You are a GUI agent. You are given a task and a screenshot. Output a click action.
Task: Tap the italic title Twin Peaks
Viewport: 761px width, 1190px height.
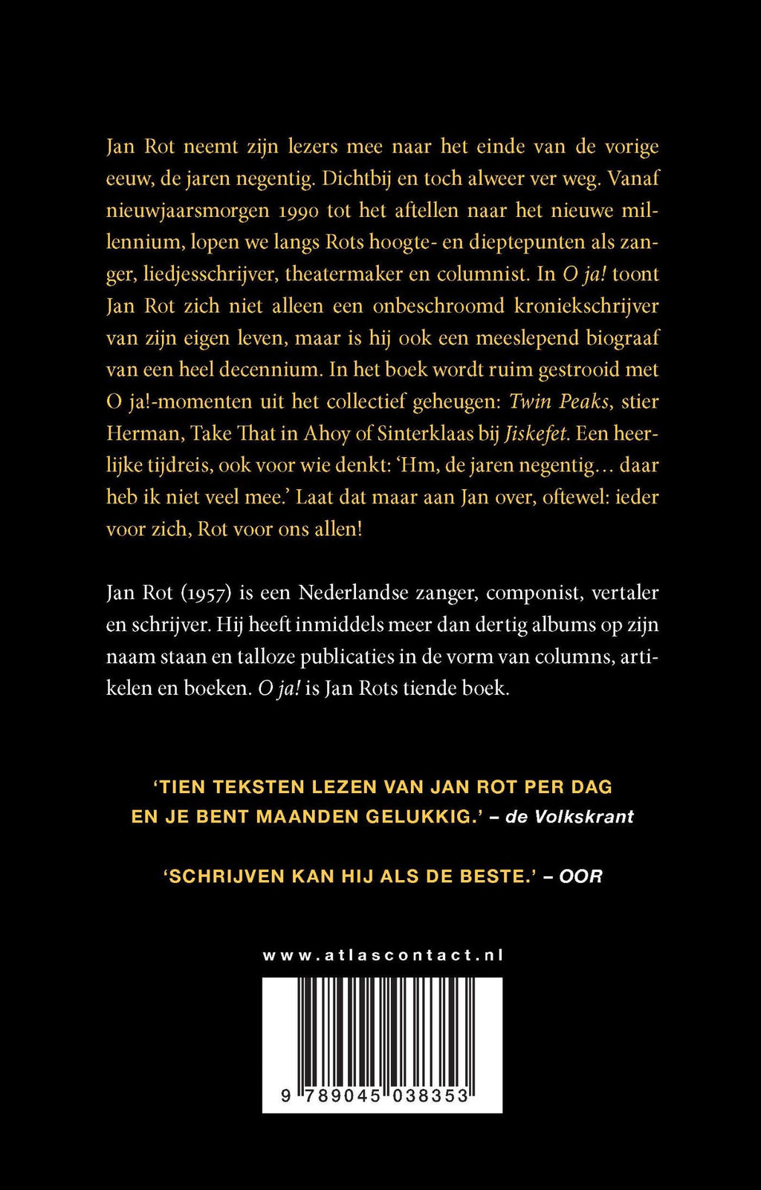tap(559, 402)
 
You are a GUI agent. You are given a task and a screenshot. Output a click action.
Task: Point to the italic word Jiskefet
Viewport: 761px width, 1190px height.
tap(537, 434)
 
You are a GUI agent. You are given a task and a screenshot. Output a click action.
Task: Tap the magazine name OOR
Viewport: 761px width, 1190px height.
tap(580, 876)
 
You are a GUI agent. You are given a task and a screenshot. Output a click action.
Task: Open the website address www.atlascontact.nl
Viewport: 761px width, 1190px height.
tap(383, 956)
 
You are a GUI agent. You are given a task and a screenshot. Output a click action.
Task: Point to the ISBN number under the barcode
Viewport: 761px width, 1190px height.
tap(375, 1096)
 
